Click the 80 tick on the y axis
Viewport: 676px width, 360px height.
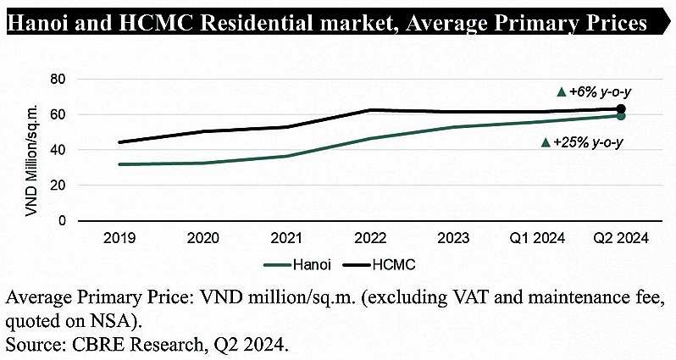click(58, 80)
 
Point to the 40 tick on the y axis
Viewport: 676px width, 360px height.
click(58, 150)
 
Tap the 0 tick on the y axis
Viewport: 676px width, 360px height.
click(63, 221)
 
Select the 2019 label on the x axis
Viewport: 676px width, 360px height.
click(119, 238)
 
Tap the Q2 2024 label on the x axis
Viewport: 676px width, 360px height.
click(621, 238)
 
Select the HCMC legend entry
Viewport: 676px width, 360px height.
click(395, 264)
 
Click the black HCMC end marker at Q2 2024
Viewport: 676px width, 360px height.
click(621, 109)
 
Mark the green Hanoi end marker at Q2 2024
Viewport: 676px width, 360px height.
click(621, 116)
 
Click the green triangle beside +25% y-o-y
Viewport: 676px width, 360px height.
click(545, 142)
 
